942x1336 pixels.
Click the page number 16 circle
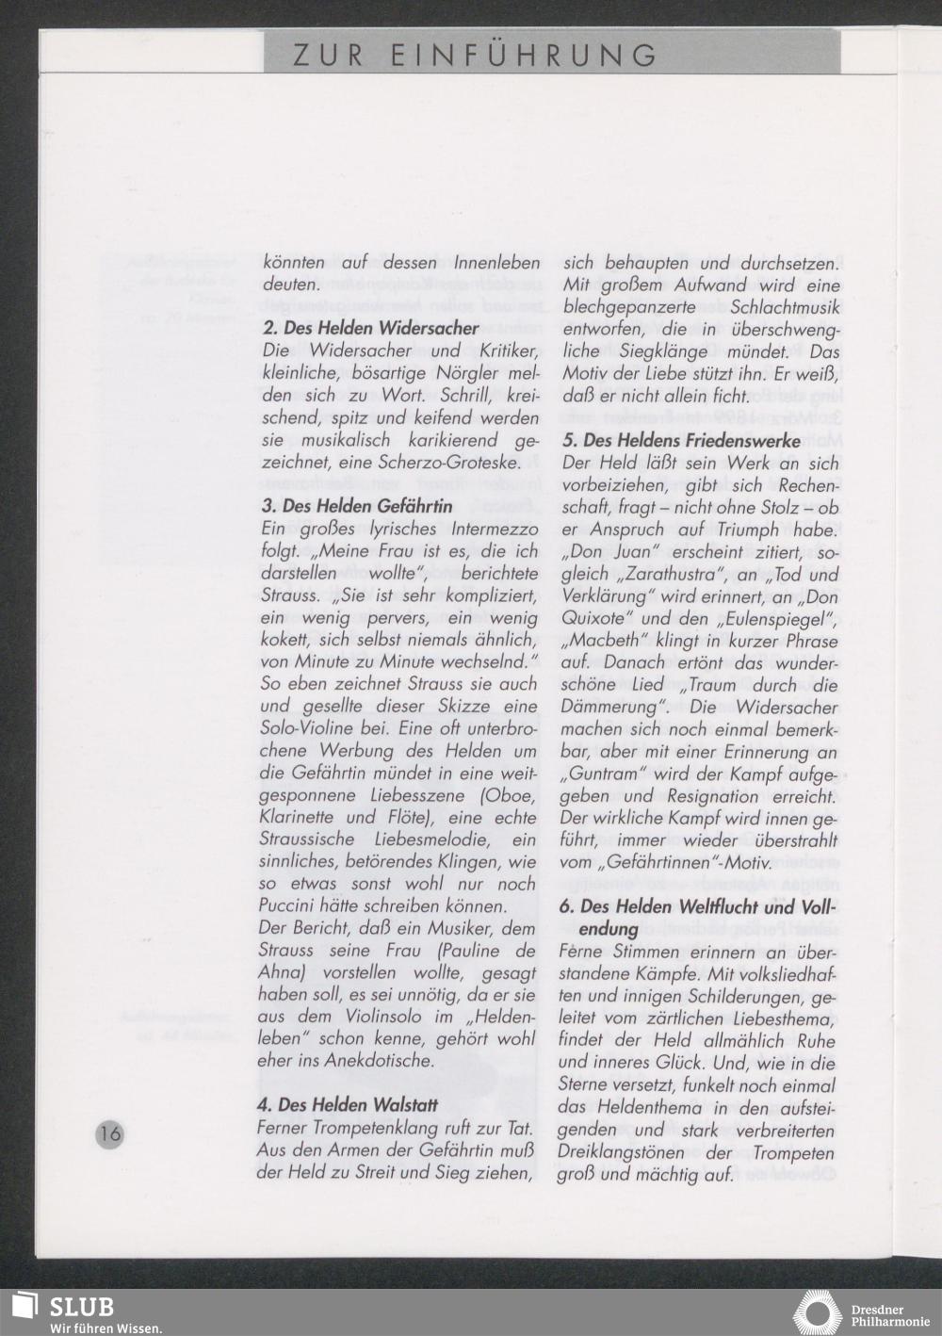coord(110,1132)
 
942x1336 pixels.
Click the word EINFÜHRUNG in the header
coord(525,55)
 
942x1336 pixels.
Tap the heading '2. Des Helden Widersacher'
coord(370,329)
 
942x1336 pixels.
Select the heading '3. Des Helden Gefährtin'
coord(357,506)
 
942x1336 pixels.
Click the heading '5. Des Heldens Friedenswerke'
coord(681,440)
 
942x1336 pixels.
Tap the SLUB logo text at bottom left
coord(80,1307)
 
